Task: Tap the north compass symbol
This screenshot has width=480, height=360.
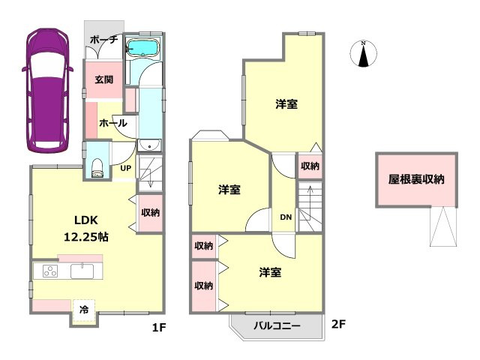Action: [363, 55]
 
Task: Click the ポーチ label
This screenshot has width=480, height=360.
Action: [103, 40]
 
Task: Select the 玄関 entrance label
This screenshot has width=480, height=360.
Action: [103, 79]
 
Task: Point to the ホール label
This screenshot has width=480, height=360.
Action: [112, 123]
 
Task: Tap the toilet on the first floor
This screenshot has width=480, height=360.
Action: [97, 166]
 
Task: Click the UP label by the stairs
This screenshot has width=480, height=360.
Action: [126, 167]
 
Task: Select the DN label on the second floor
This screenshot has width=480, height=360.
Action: [286, 217]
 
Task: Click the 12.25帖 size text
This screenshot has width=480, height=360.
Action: [83, 237]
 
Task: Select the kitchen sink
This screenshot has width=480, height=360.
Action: [82, 271]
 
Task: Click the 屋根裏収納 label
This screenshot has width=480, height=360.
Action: [416, 179]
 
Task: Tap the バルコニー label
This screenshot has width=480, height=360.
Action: [277, 326]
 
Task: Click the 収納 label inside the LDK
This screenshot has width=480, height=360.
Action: [150, 212]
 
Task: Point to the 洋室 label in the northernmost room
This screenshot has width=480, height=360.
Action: [286, 104]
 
